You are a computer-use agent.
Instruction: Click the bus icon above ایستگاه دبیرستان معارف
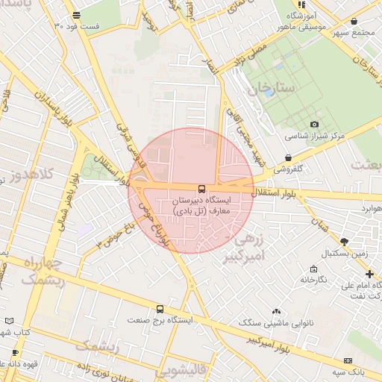coord(201,189)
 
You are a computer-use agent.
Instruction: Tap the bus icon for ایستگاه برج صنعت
coord(160,309)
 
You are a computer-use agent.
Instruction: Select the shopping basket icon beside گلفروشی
coord(289,157)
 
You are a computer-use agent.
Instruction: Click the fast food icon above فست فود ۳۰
coord(77,16)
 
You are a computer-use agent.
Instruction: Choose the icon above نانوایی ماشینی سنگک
coord(276,311)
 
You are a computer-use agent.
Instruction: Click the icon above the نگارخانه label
coord(313,269)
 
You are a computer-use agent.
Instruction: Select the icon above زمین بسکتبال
coord(343,242)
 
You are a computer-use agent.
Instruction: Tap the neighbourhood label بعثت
coord(368,163)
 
